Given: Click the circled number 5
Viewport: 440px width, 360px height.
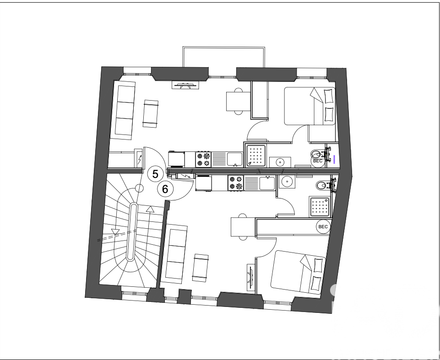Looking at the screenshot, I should pos(155,174).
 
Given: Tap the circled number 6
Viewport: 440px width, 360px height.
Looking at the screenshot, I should pos(165,188).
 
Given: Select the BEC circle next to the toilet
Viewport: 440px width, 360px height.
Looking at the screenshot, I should pos(317,161).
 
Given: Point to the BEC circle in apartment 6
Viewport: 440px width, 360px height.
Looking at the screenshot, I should pos(323,226).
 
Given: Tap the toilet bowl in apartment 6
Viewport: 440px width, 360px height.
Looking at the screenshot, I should pos(321,185).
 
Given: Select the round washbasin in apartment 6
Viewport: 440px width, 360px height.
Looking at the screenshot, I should pos(287,181).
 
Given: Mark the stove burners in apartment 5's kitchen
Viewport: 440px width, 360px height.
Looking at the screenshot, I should pos(204,159).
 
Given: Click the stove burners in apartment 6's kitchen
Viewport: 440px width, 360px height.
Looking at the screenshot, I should pos(236,183).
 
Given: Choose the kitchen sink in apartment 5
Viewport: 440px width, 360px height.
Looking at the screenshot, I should pos(235,159).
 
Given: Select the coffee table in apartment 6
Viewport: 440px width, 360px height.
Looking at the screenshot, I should pos(200,267).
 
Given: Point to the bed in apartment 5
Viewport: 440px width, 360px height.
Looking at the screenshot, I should pos(310,106).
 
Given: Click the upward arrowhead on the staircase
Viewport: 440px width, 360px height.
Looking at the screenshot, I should pos(150,210).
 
